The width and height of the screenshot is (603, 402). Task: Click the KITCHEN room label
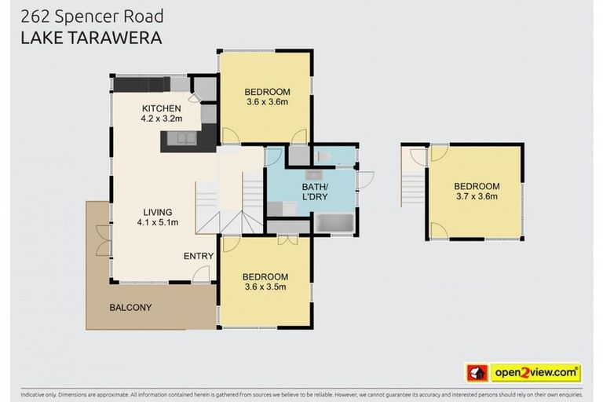[161, 108]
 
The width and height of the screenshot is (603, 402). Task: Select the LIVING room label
[157, 212]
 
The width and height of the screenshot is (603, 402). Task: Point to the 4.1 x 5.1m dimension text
[157, 222]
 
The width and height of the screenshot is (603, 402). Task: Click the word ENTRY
[199, 257]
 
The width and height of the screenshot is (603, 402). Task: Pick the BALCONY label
[130, 308]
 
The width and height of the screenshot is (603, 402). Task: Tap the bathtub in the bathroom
[334, 223]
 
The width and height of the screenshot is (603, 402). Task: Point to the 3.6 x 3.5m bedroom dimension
[265, 287]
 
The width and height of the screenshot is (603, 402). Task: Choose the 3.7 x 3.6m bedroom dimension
[476, 196]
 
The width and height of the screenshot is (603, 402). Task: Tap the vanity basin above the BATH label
[313, 174]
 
